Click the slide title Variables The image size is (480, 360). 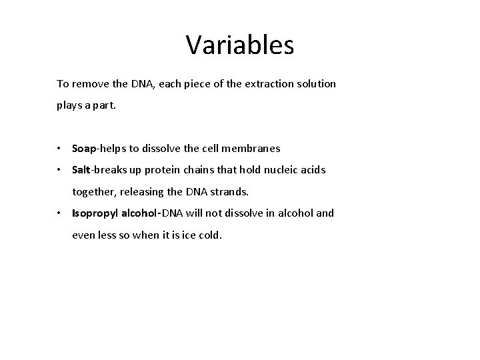click(239, 45)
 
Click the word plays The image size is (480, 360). click(69, 105)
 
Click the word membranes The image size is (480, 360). click(255, 149)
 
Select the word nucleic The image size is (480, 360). click(279, 170)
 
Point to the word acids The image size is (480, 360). click(313, 170)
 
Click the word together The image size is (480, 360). click(93, 191)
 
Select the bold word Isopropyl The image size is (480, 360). click(93, 213)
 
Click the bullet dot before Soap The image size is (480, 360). click(60, 149)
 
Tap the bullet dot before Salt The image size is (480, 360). click(60, 170)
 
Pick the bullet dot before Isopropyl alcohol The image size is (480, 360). click(60, 213)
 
